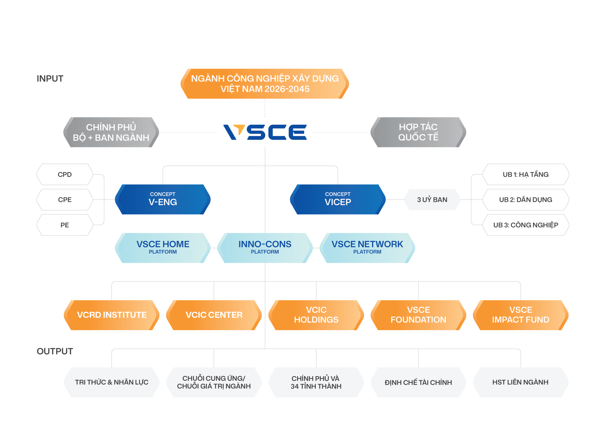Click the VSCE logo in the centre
coord(265,132)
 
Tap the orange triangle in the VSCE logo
coord(239,129)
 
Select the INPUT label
coord(50,78)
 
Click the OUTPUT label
coord(55,351)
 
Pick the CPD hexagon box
coord(65,174)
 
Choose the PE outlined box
coord(65,225)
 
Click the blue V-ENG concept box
coord(163,199)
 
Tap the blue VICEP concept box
coord(337,199)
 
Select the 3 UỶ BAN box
coord(432,200)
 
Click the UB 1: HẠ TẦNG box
coord(525,174)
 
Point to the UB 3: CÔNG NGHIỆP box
coord(525,225)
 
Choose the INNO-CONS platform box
coord(265,248)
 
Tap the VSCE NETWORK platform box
coord(367,248)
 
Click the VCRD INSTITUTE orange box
coord(112,315)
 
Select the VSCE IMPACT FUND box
coord(520,315)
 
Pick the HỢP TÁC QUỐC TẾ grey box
coord(418,132)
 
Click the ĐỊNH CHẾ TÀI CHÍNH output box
coord(418,382)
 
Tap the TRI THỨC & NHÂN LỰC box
coord(112,382)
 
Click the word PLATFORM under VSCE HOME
coord(163,252)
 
